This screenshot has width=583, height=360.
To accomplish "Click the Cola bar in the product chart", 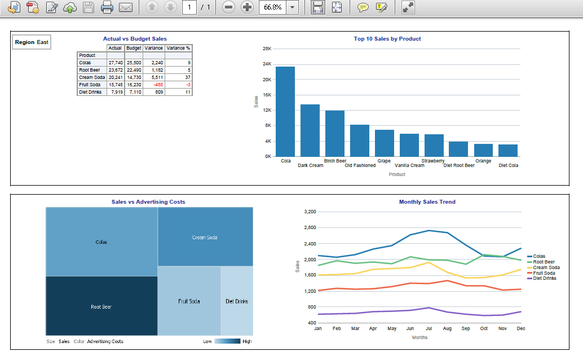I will click(285, 111).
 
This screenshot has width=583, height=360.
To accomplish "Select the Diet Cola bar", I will click(508, 150).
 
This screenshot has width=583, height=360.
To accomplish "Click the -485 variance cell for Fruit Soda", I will click(153, 85).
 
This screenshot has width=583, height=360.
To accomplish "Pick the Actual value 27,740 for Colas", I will click(115, 63).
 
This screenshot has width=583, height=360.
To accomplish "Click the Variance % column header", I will click(179, 49).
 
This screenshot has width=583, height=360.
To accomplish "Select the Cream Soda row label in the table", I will click(92, 77).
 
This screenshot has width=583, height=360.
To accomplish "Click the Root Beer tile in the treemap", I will click(101, 307).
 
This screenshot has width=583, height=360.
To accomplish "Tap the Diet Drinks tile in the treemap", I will click(237, 301).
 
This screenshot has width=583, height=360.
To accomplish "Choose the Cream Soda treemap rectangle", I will click(205, 238).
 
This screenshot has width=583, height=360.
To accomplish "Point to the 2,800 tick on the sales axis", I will click(309, 228).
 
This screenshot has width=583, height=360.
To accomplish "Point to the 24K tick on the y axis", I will click(267, 64).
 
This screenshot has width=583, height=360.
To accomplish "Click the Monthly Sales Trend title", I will click(427, 202).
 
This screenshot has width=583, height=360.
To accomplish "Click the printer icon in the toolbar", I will click(107, 7).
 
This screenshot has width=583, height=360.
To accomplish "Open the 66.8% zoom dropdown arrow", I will click(293, 7).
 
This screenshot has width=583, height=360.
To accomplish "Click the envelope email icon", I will click(125, 7).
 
